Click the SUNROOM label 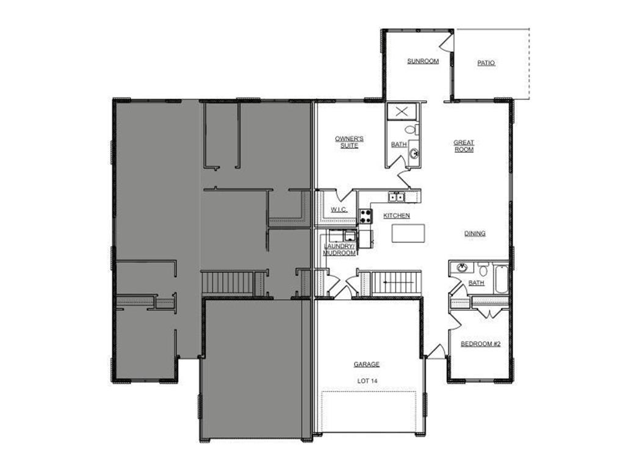coord(423,61)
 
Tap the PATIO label coord(486,63)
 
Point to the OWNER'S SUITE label coord(350,142)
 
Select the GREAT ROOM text coord(464,146)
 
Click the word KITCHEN coord(396,216)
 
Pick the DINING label coord(475,233)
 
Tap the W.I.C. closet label coord(339,209)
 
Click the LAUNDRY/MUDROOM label coord(340,249)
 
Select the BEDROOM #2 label coord(480,344)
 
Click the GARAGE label coord(367,364)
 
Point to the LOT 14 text coord(367,380)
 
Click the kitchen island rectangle coord(408,233)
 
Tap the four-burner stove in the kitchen coord(366,216)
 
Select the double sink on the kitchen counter coord(397,197)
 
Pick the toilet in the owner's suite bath coord(411,129)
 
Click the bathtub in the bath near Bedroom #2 coord(500,278)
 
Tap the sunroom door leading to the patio coord(447,42)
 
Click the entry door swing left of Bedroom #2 coord(435,351)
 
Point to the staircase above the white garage coord(396,283)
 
